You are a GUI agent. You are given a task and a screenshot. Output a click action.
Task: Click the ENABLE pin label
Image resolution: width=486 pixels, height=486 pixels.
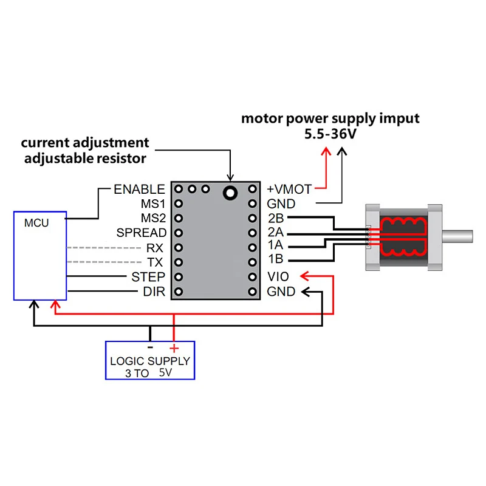[139, 190]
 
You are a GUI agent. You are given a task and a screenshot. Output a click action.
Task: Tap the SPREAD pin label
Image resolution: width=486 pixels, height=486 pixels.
[142, 233]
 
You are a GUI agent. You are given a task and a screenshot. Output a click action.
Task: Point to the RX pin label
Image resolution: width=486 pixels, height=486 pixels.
[155, 248]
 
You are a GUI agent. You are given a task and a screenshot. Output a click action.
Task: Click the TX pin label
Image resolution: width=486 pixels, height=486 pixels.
[156, 262]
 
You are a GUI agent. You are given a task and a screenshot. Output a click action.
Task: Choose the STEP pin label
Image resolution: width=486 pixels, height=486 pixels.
[148, 277]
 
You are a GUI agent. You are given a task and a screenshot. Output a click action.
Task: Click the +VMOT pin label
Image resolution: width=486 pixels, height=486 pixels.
[290, 190]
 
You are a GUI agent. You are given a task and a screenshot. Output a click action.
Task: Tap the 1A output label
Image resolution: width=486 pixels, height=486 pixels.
[276, 247]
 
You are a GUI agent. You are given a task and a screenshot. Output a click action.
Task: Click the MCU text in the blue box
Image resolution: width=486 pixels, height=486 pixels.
[36, 223]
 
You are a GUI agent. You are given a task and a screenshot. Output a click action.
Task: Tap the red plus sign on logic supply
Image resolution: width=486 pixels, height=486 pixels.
[174, 348]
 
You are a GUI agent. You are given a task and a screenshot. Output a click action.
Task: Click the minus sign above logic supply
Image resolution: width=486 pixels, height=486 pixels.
[150, 347]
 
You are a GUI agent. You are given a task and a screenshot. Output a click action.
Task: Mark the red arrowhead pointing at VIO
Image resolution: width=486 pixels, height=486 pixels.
[306, 277]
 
